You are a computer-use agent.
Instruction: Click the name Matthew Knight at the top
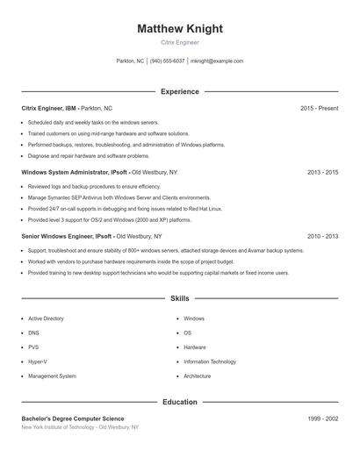click(180, 29)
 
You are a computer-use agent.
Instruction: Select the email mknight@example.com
click(217, 61)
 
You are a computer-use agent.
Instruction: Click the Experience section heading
click(180, 91)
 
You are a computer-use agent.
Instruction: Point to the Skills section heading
click(180, 299)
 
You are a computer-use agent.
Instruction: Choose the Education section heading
click(180, 402)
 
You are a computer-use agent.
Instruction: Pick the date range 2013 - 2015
click(322, 172)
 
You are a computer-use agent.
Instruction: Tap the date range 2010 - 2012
click(322, 236)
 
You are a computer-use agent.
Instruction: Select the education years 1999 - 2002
click(322, 418)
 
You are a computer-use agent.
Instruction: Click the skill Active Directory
click(47, 318)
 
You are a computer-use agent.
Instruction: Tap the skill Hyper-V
click(38, 361)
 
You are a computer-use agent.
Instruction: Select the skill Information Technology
click(210, 361)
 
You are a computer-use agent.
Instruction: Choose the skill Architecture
click(198, 376)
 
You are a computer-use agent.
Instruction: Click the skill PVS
click(34, 347)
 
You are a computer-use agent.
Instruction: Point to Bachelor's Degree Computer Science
click(73, 418)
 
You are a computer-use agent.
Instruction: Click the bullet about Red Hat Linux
click(125, 209)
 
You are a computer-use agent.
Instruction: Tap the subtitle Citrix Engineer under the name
click(180, 42)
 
